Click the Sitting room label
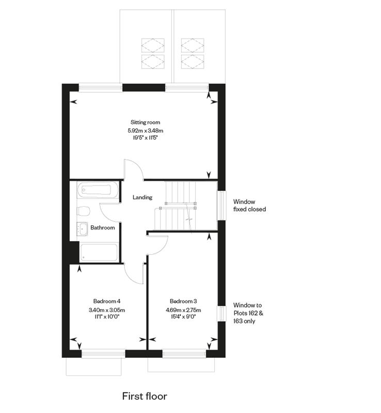[x=145, y=122]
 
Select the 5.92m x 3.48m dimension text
[x=145, y=130]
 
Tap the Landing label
[x=142, y=197]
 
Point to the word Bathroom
[x=103, y=227]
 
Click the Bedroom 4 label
[x=107, y=301]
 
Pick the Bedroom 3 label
[x=183, y=301]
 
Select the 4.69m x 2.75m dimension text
[x=183, y=310]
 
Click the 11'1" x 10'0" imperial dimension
[x=107, y=317]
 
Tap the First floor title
[x=145, y=396]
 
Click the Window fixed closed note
[x=249, y=205]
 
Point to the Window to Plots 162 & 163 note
[x=248, y=313]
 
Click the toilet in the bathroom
[x=84, y=211]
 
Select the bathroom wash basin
[x=82, y=228]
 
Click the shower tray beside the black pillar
[x=99, y=253]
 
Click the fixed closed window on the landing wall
[x=222, y=205]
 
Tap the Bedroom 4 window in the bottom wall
[x=103, y=354]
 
